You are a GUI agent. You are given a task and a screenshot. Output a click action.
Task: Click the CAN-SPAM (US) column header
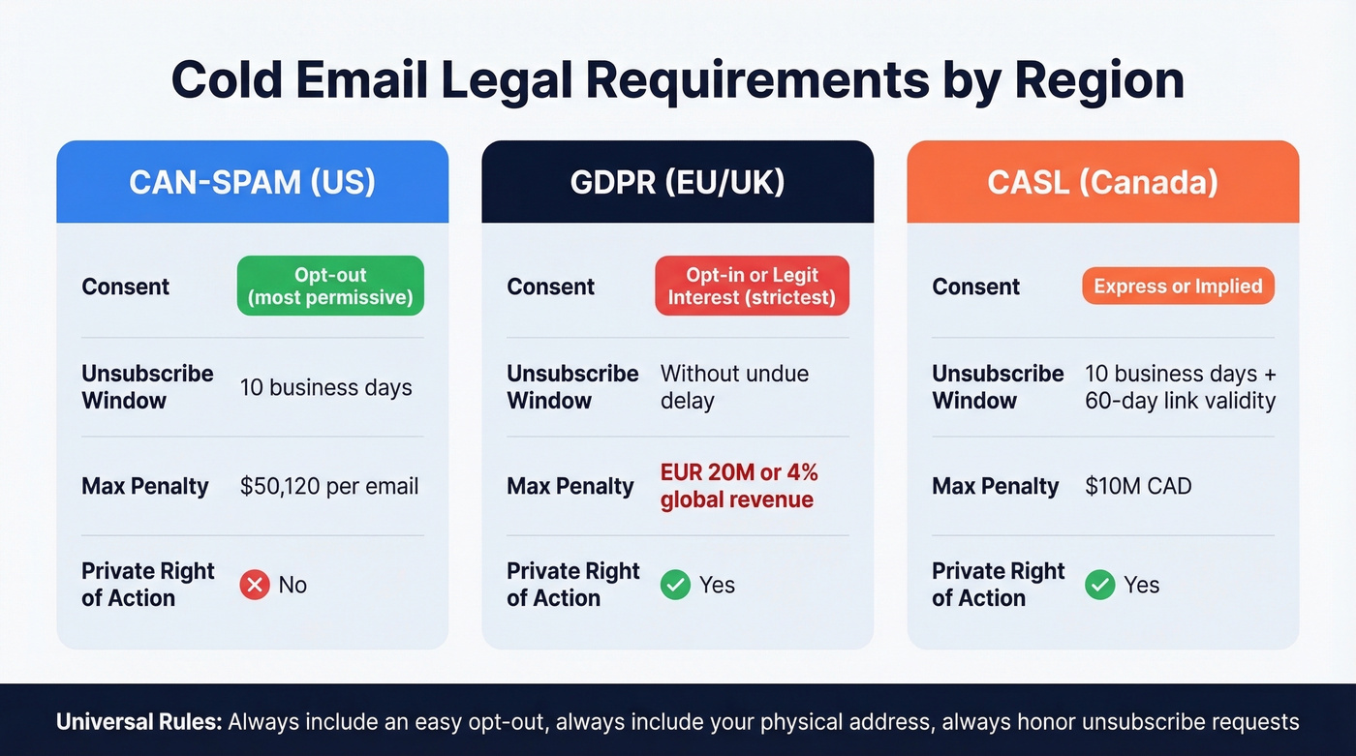click(252, 182)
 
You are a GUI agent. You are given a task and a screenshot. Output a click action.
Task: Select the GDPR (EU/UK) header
click(677, 182)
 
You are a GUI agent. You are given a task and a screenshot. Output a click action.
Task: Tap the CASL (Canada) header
click(1102, 182)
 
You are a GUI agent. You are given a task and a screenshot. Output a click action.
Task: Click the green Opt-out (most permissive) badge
click(330, 286)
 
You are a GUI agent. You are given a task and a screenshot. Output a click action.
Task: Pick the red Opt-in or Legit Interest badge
click(752, 286)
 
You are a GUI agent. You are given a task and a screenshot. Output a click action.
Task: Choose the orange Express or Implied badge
click(1178, 286)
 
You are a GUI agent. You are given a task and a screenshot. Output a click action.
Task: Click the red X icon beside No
click(255, 585)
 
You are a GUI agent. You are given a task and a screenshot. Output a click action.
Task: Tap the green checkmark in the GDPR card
click(675, 585)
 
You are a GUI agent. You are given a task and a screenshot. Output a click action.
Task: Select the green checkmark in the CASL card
click(1100, 585)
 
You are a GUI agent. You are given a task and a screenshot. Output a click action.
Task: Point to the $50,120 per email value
click(329, 486)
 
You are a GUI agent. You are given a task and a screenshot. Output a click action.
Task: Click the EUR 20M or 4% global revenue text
click(738, 486)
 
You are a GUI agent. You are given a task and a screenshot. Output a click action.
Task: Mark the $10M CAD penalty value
click(1138, 486)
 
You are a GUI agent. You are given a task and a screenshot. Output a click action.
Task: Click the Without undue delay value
click(734, 387)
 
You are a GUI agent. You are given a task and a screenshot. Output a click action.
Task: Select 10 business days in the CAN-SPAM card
click(325, 387)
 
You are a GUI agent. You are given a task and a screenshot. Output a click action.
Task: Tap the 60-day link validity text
click(1180, 401)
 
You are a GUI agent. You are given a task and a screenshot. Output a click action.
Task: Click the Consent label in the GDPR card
click(550, 287)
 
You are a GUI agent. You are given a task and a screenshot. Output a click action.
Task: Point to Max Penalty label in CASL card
click(995, 486)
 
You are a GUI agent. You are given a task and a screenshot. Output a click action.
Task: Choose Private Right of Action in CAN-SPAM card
click(147, 585)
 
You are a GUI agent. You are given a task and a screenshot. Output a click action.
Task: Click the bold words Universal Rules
click(138, 721)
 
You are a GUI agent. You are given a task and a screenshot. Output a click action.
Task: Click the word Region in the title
click(1099, 80)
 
